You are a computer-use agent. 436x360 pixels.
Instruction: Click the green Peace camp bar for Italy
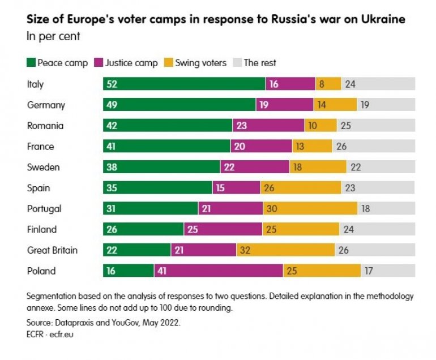[x=184, y=84]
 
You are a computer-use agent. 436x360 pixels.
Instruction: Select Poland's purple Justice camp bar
[x=218, y=271]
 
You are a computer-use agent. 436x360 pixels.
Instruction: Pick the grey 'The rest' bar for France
[x=374, y=146]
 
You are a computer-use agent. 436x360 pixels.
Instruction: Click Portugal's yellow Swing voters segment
[x=310, y=208]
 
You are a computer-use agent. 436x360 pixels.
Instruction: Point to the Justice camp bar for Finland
[x=223, y=229]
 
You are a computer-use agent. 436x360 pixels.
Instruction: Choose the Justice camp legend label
[x=131, y=63]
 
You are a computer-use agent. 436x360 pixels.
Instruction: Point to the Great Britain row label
[x=52, y=250]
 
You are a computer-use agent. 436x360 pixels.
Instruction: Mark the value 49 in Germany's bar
[x=112, y=105]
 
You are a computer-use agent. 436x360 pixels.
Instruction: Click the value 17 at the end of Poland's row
[x=369, y=271]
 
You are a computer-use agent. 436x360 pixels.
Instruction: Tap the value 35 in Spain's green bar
[x=112, y=187]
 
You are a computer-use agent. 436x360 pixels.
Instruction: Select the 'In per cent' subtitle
[x=53, y=36]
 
